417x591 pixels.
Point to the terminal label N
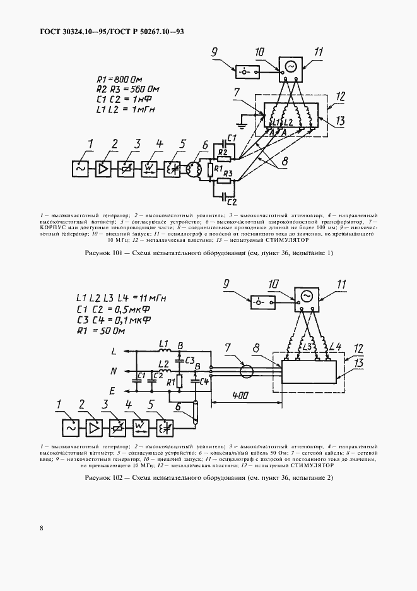[114, 371]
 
